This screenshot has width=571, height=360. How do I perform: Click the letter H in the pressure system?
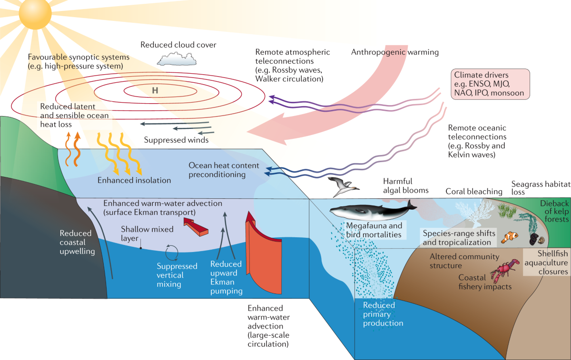[155, 90]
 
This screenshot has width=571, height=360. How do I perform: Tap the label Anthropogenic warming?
[395, 52]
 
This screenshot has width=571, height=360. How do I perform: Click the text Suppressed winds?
[176, 140]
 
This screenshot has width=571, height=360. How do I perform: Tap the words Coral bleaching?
[473, 192]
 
